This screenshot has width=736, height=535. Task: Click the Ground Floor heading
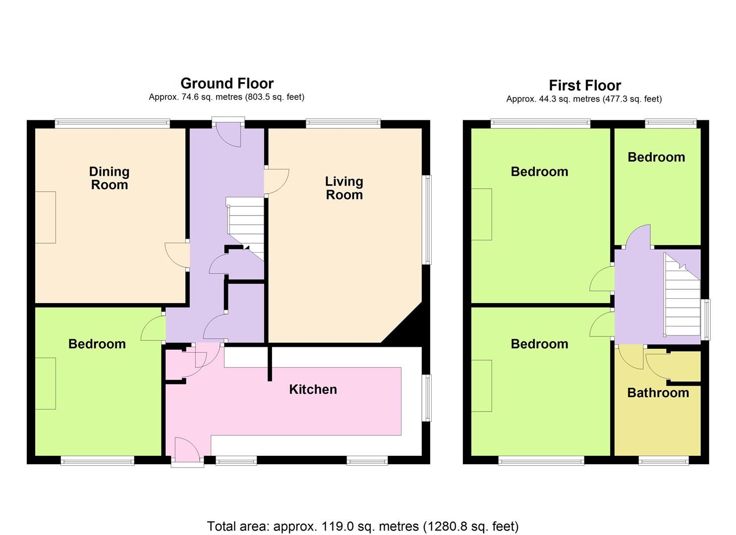coord(226,83)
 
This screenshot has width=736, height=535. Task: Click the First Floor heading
coord(584,85)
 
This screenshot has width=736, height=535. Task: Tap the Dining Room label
coord(109,178)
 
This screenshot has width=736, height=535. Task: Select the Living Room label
coord(344,188)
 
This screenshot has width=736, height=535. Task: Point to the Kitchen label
coord(313,389)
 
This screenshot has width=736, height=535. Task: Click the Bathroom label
coord(658,393)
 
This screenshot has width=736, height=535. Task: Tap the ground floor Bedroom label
coord(97,344)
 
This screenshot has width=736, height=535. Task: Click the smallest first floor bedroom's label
coord(656,157)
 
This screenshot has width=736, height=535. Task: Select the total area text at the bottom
coord(362,526)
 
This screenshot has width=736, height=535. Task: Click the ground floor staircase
coord(245,225)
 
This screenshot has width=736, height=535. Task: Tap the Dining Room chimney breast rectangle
coord(45,217)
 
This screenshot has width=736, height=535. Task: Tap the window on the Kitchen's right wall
coord(426,398)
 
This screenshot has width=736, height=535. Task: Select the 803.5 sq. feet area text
coord(274,97)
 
